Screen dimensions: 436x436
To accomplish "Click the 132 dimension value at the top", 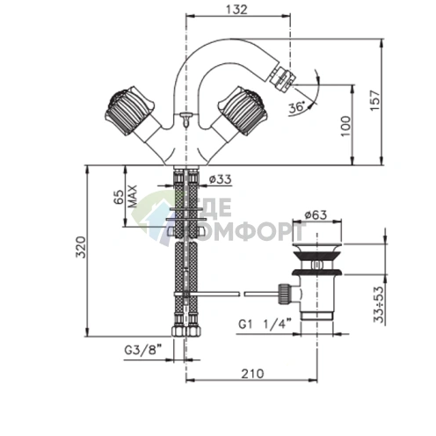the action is click(236, 10).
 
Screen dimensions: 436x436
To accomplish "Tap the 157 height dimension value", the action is click(374, 100).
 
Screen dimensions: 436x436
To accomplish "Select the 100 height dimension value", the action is click(345, 126).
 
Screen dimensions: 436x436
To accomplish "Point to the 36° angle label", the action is click(296, 107).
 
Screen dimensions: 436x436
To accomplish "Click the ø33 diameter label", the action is click(221, 178).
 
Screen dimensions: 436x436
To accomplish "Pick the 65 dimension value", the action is click(119, 197).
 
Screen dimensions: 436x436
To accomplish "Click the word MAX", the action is click(133, 196).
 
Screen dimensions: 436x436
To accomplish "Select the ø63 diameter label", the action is click(316, 214).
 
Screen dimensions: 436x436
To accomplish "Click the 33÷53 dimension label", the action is click(379, 304).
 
